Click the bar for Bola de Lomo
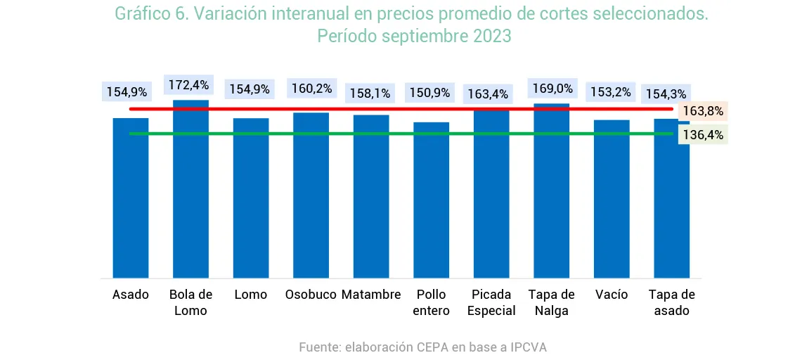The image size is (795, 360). coord(190,190)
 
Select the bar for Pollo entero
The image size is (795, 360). coord(431,200)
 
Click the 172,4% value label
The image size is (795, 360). coord(188,85)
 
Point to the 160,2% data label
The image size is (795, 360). coord(310,89)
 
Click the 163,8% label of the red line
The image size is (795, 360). coord(703,111)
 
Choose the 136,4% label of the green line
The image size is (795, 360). coord(703,134)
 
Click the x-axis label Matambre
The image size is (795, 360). coord(371,295)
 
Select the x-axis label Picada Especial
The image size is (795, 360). coord(491,302)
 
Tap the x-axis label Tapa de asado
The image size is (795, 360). coord(671,302)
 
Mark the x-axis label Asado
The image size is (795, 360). coord(131,295)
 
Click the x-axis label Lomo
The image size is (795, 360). coord(251,295)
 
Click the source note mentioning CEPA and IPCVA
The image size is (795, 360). coord(422,347)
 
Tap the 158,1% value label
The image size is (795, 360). coord(370,92)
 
